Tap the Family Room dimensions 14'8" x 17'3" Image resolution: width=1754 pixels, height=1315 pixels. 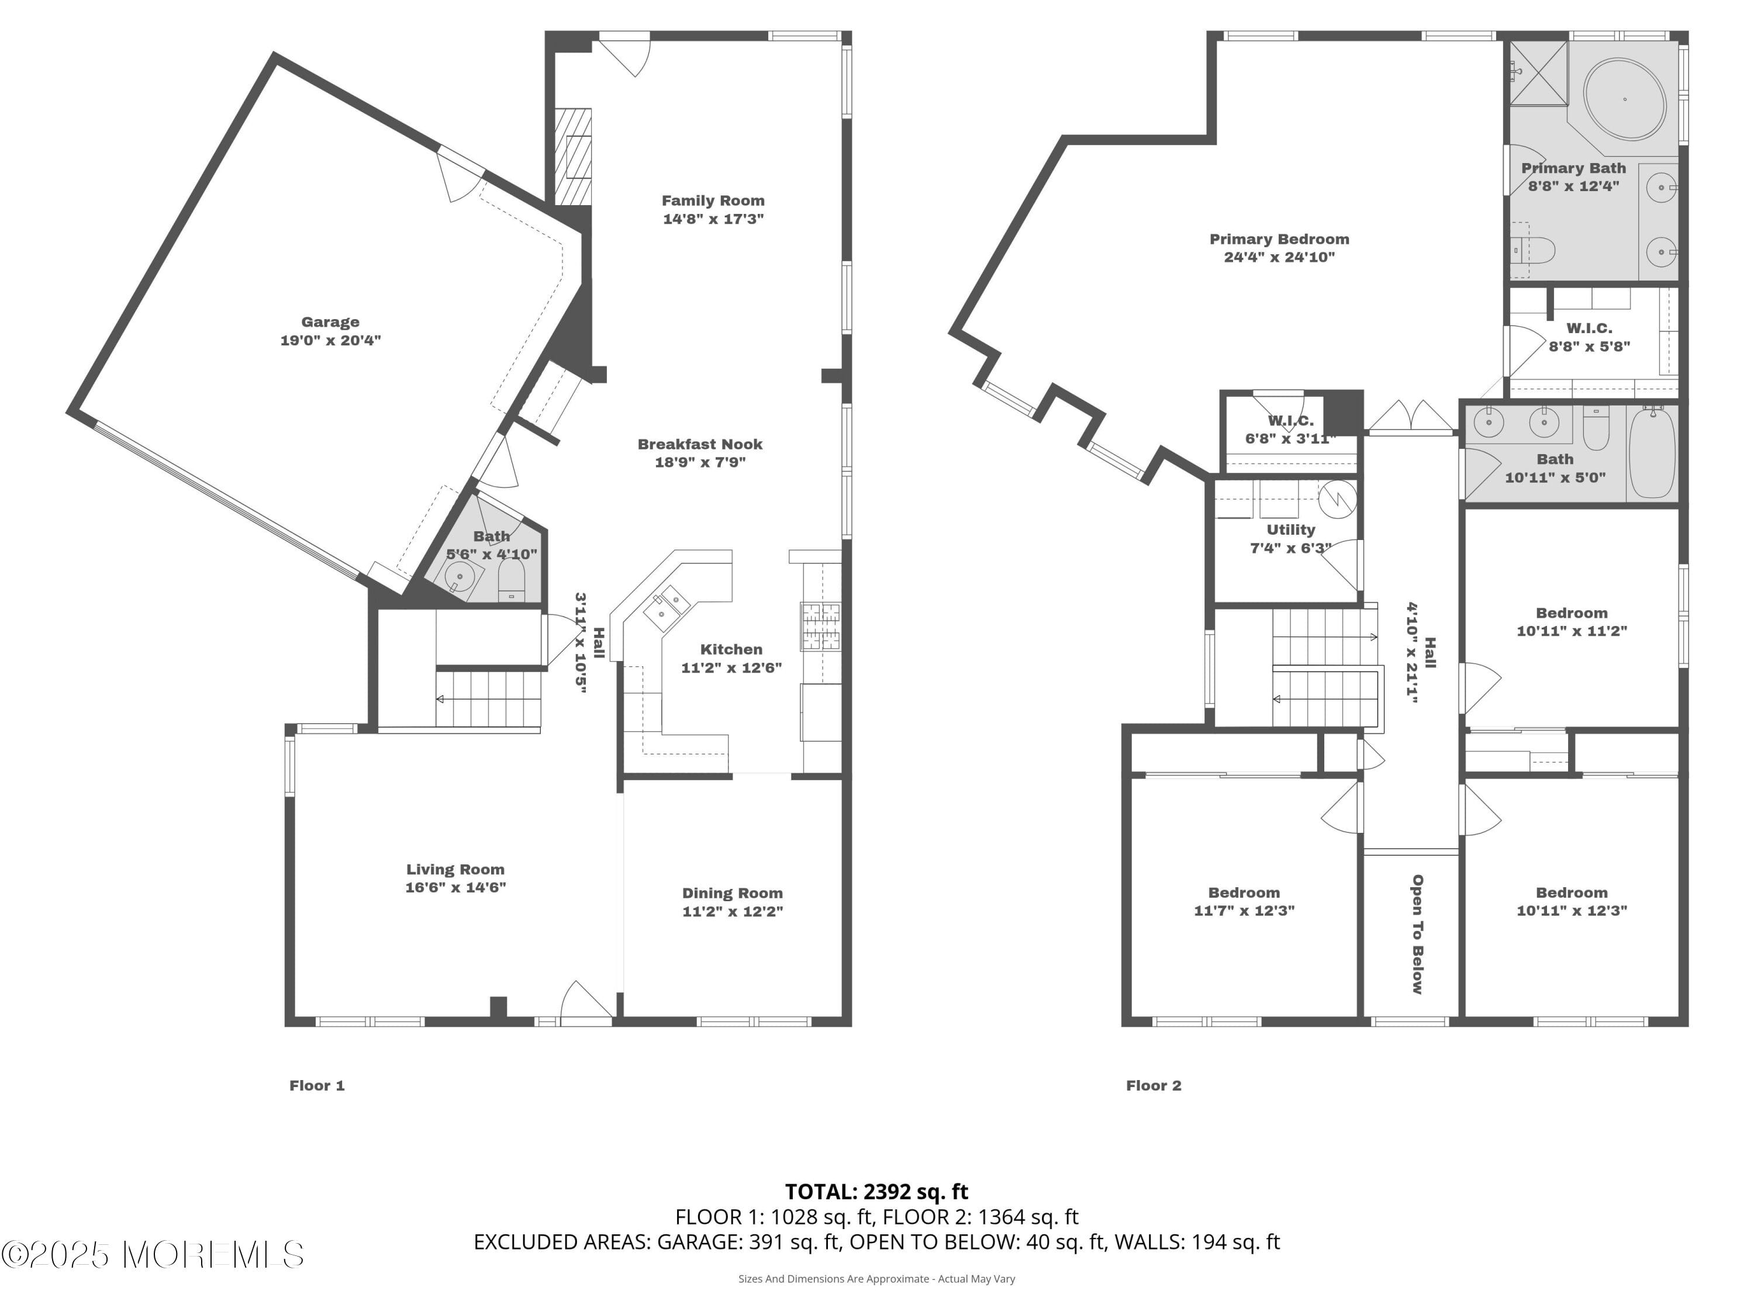click(x=713, y=219)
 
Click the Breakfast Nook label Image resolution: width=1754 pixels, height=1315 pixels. click(x=700, y=444)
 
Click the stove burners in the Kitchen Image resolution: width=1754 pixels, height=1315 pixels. click(x=821, y=626)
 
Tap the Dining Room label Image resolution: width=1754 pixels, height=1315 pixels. click(x=732, y=893)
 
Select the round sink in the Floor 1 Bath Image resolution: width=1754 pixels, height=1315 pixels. click(x=460, y=576)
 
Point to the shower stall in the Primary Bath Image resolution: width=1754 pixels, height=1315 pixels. click(x=1538, y=73)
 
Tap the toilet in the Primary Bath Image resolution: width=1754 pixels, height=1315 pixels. click(x=1532, y=251)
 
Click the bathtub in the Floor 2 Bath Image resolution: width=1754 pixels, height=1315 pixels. click(x=1652, y=452)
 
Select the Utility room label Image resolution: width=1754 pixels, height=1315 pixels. click(x=1291, y=530)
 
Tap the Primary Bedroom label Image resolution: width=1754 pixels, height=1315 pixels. click(x=1279, y=238)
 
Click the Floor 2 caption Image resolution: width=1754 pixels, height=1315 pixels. click(x=1154, y=1085)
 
